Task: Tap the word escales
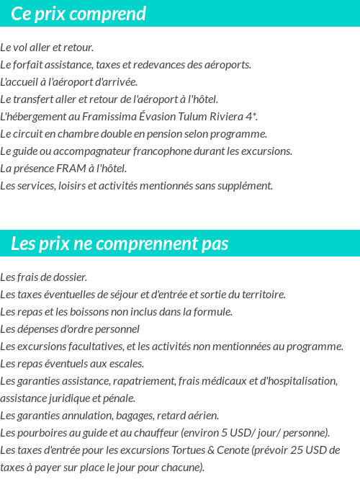(127, 364)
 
